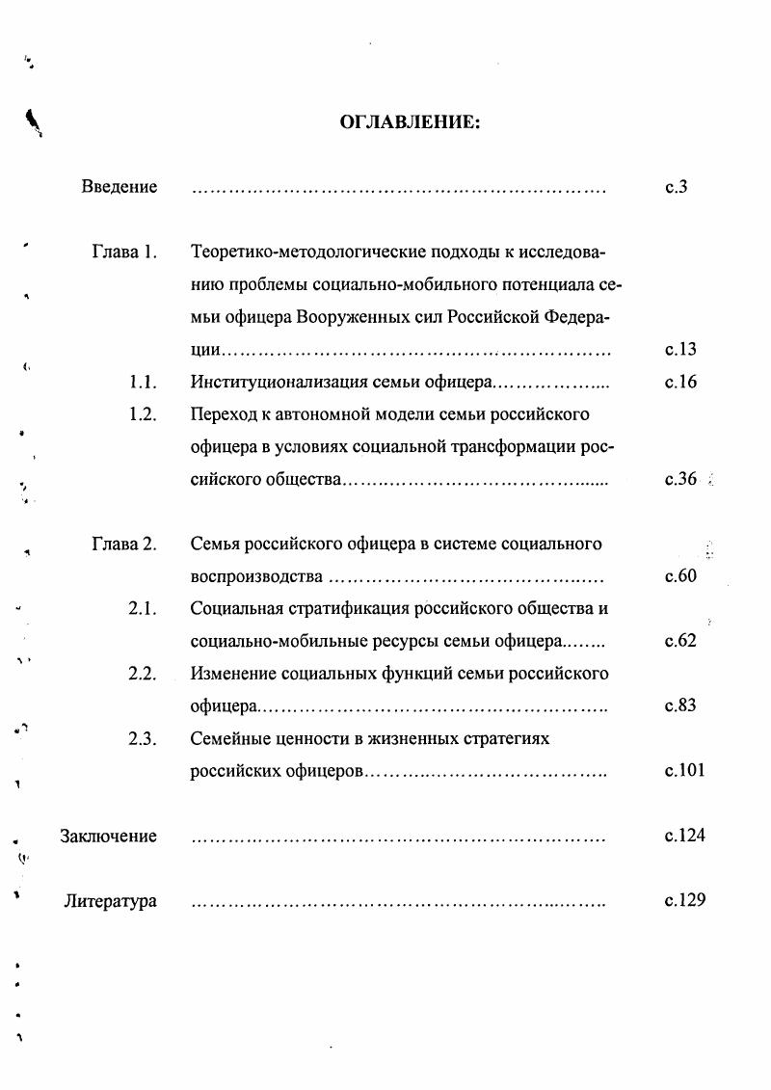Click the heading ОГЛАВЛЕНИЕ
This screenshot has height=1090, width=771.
pyautogui.click(x=410, y=122)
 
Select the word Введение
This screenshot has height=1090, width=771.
pyautogui.click(x=119, y=187)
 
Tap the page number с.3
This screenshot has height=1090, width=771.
pyautogui.click(x=676, y=187)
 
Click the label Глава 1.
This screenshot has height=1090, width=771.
pyautogui.click(x=124, y=253)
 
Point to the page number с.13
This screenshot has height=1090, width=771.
pyautogui.click(x=680, y=350)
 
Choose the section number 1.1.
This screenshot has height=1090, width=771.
pyautogui.click(x=143, y=383)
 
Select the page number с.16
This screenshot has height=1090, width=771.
pyautogui.click(x=680, y=383)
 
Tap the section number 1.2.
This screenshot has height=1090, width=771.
pyautogui.click(x=143, y=415)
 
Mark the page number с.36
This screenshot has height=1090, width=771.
pyautogui.click(x=680, y=480)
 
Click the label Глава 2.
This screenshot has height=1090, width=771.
pyautogui.click(x=124, y=545)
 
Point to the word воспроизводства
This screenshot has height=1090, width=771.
pyautogui.click(x=255, y=577)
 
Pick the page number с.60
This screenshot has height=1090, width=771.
pyautogui.click(x=680, y=577)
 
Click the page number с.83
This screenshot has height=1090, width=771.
pyautogui.click(x=680, y=706)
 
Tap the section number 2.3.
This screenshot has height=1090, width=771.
pyautogui.click(x=143, y=739)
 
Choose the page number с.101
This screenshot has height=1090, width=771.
pyautogui.click(x=684, y=771)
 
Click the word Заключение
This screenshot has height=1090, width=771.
pyautogui.click(x=109, y=837)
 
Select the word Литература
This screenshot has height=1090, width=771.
pyautogui.click(x=111, y=902)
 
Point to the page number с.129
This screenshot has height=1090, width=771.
pyautogui.click(x=684, y=901)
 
